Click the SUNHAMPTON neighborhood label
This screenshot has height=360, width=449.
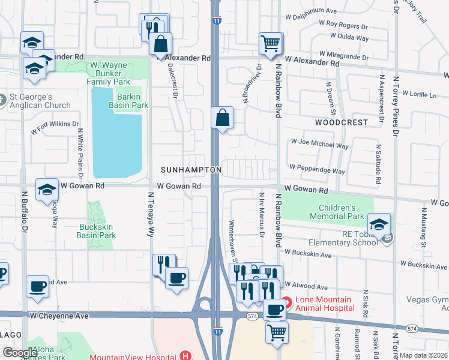(x=190, y=170)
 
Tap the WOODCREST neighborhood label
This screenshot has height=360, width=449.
(x=341, y=122)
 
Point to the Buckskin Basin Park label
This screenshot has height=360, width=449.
(x=97, y=232)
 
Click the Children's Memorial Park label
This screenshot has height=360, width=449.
(x=337, y=211)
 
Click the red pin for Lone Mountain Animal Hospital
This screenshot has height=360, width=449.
(x=286, y=303)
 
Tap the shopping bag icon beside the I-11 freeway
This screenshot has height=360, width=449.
(x=222, y=118)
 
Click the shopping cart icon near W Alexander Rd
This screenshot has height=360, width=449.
(x=270, y=43)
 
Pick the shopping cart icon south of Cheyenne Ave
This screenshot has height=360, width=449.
(x=276, y=332)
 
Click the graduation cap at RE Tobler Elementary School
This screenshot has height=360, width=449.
(x=379, y=224)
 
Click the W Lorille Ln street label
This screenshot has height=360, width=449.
(x=419, y=95)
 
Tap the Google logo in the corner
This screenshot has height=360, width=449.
(x=20, y=353)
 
